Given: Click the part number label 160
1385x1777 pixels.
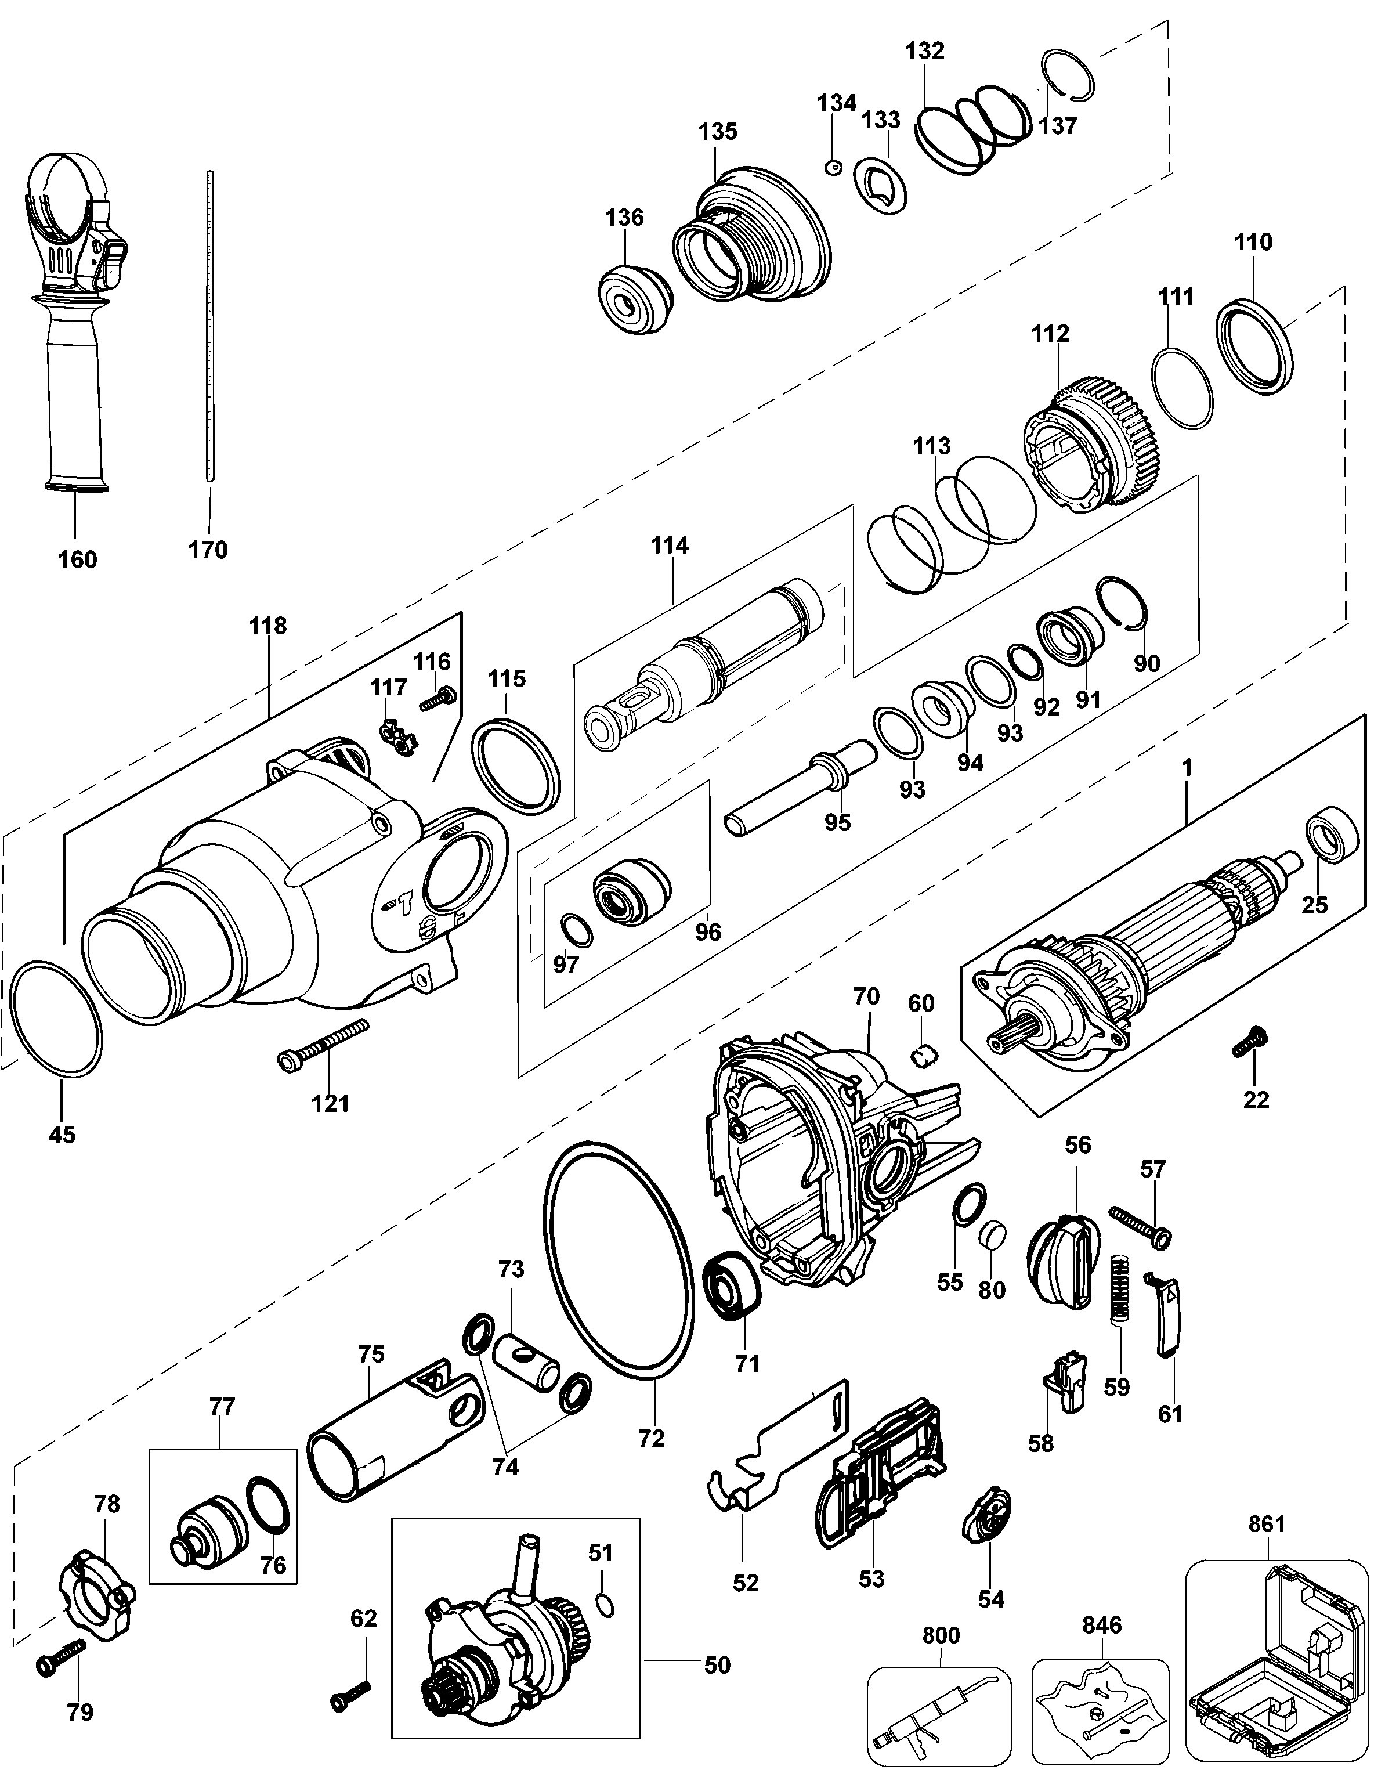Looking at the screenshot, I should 77,560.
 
